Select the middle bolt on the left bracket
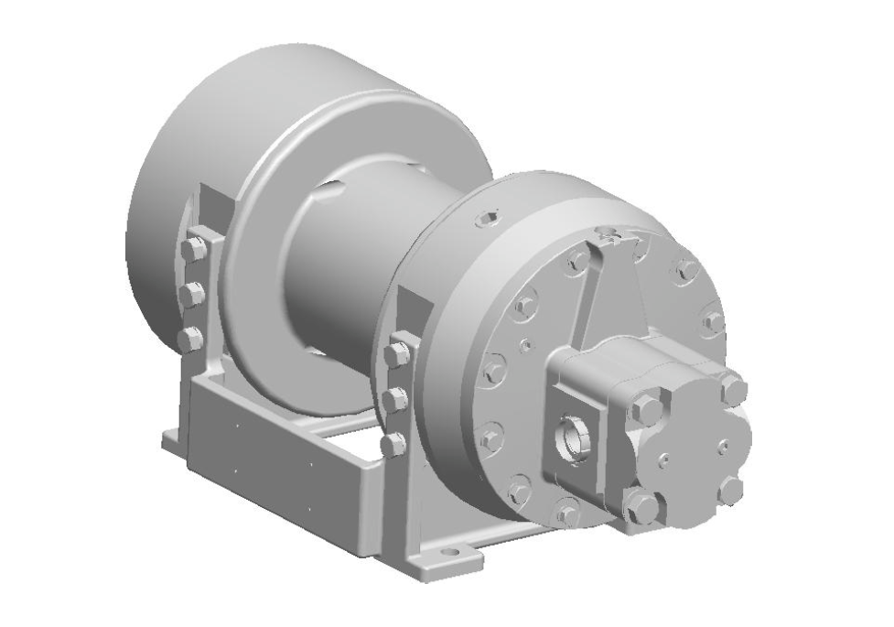tap(192, 294)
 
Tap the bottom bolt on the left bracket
tap(190, 338)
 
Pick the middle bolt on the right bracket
tap(396, 399)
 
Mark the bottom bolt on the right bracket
tap(393, 444)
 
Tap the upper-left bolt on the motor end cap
tap(647, 409)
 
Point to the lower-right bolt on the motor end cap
tap(729, 489)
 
